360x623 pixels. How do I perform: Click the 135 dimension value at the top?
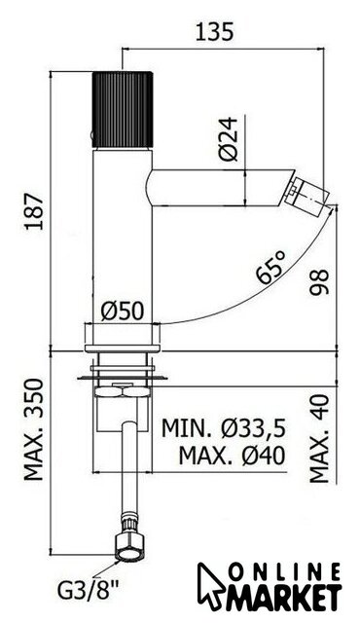coord(214,32)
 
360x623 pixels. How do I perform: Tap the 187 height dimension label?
coord(34,211)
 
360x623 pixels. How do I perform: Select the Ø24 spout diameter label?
coord(229,139)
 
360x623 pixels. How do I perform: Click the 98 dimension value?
coord(319,281)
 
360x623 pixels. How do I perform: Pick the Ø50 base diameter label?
coord(123,311)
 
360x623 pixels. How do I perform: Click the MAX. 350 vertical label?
coord(34,429)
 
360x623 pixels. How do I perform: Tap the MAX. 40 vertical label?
coord(319,438)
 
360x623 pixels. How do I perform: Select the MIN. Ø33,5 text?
coord(224,428)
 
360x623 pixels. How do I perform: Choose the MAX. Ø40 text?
coord(232,456)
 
